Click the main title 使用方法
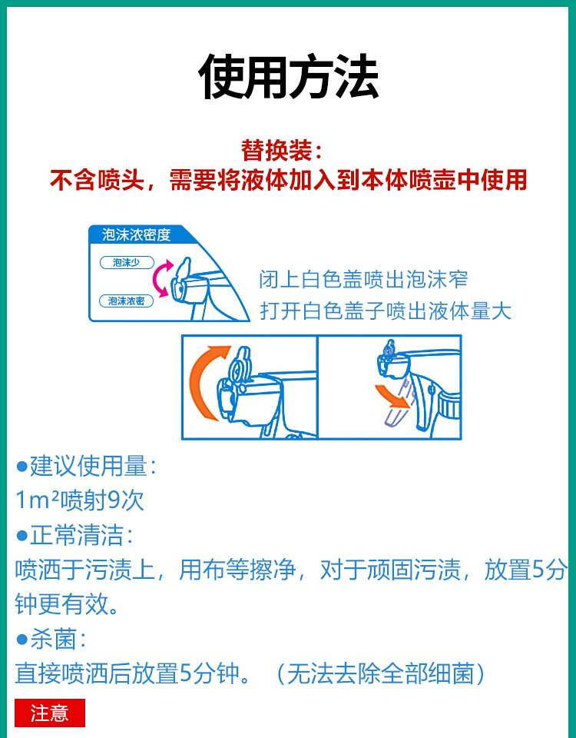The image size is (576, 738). tap(288, 76)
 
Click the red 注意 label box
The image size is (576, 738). tap(50, 713)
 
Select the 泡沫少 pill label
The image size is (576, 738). tap(127, 263)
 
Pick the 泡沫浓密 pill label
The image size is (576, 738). tap(127, 301)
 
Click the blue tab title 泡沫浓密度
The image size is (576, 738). tap(136, 234)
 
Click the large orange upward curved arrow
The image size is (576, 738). tap(205, 382)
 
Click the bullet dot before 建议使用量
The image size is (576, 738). tap(22, 467)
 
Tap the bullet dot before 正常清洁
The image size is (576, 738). tap(22, 536)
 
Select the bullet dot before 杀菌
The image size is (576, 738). tap(22, 639)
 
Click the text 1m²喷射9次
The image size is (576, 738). tap(79, 500)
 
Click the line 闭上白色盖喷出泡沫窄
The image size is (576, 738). tap(363, 279)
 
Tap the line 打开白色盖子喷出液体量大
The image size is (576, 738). tap(386, 311)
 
